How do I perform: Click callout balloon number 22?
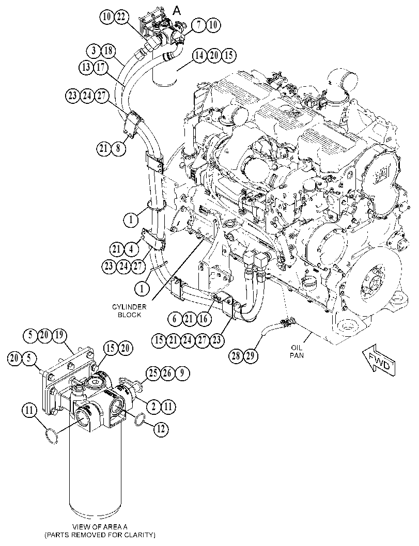click(122, 17)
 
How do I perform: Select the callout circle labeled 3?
click(94, 51)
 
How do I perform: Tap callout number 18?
click(108, 51)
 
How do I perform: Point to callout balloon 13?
click(86, 67)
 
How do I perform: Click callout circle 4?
click(131, 249)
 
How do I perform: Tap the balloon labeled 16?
click(203, 319)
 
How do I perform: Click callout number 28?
click(236, 355)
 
